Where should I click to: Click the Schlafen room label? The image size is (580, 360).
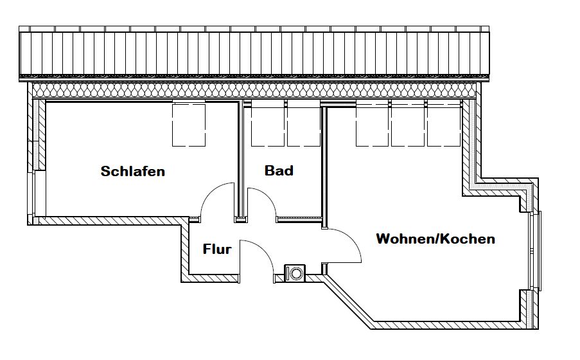click(x=133, y=171)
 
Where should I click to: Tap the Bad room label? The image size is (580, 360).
click(x=279, y=170)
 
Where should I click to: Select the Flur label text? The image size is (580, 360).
click(x=217, y=249)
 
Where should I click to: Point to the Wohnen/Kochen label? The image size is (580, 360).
click(x=435, y=239)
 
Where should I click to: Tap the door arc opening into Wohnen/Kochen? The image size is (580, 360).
click(x=351, y=240)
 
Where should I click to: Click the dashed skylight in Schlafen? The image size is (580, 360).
click(x=189, y=125)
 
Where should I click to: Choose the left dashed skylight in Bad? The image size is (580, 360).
click(x=268, y=125)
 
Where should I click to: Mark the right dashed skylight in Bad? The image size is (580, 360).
click(x=304, y=125)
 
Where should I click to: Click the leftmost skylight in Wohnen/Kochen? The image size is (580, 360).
click(x=372, y=125)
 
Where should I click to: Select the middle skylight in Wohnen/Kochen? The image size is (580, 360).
click(x=408, y=125)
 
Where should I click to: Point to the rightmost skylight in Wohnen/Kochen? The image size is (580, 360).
click(x=443, y=125)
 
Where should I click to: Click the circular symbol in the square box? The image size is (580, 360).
click(x=295, y=274)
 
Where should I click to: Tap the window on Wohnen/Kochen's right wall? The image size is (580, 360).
click(x=536, y=251)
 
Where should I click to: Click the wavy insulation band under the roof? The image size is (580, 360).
click(x=254, y=90)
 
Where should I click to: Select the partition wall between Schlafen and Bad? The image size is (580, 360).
click(x=240, y=161)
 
